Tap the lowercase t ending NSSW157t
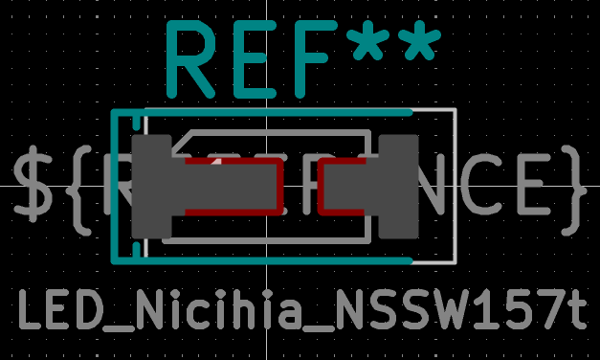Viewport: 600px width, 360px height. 573,312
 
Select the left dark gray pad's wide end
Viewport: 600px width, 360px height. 151,188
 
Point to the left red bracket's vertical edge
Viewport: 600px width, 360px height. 280,187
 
